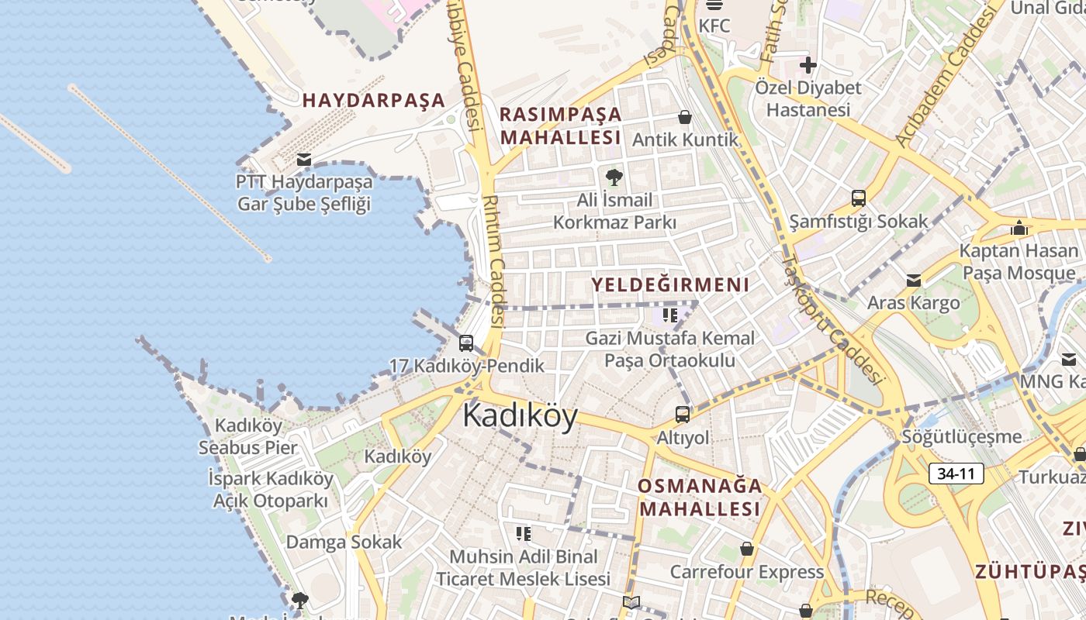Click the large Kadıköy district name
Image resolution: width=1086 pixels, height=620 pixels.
[520, 416]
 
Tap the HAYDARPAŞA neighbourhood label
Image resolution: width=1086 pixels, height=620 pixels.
[374, 100]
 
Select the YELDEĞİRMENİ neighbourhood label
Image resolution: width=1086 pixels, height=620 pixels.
[670, 284]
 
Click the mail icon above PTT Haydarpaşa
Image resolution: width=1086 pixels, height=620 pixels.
[304, 160]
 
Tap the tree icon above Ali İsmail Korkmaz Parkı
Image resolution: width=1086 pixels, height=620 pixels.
[614, 177]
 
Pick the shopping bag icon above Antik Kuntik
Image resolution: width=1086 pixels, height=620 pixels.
[685, 117]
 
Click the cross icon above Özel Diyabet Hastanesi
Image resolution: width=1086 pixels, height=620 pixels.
[808, 65]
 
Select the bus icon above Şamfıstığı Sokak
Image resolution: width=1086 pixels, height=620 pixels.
[858, 198]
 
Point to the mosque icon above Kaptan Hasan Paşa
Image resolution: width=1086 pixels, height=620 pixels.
[1019, 228]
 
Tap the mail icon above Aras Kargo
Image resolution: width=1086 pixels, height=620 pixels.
[914, 280]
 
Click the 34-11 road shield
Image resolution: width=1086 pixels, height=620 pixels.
[956, 474]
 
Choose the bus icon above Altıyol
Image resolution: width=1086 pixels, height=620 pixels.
[683, 415]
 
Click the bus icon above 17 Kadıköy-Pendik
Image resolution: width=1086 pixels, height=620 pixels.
[466, 343]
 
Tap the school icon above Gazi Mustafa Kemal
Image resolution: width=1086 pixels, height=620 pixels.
[670, 315]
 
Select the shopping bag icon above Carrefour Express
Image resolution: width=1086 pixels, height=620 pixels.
[746, 549]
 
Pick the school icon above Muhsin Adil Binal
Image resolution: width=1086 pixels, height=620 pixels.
[524, 533]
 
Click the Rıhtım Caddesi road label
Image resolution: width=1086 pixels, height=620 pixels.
[495, 260]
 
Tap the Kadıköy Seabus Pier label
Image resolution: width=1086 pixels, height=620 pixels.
[248, 436]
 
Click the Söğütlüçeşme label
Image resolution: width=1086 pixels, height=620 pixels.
[961, 436]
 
